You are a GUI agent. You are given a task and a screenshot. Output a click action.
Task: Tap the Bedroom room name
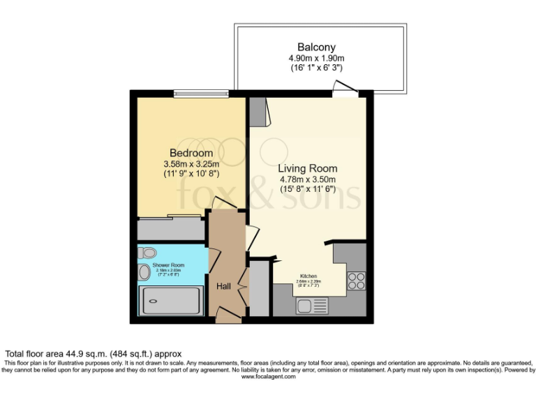click(191, 153)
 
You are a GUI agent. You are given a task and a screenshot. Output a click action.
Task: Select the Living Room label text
click(308, 168)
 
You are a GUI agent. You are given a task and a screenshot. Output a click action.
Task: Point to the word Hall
click(223, 286)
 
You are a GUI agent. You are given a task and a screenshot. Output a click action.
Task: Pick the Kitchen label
click(309, 275)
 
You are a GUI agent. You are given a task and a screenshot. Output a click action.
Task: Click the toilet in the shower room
click(149, 253)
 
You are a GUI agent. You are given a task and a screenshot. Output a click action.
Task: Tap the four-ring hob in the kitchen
click(357, 281)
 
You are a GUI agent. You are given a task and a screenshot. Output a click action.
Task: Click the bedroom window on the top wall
click(201, 93)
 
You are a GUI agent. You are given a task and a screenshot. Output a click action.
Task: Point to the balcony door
click(345, 89)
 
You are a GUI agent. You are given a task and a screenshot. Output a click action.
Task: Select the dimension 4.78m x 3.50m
click(308, 179)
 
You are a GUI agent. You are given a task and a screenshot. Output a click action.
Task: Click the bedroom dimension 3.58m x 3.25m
click(191, 164)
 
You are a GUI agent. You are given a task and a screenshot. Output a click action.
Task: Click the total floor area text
click(94, 355)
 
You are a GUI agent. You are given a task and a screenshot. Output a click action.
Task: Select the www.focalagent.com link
click(269, 377)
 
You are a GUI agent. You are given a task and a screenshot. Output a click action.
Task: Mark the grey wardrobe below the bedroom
click(171, 229)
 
